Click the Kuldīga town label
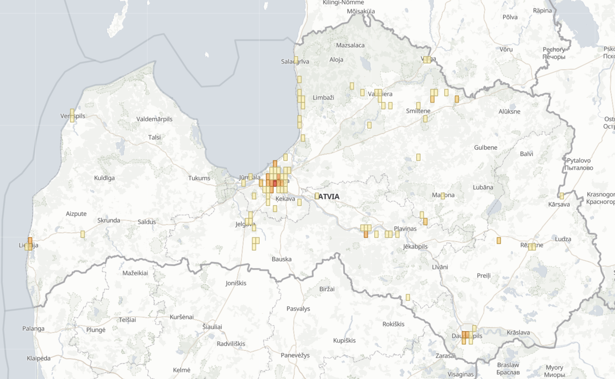104,178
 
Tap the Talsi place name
154,137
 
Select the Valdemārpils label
154,119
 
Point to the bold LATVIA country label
328,196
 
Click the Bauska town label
281,259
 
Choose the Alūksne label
509,111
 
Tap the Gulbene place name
486,148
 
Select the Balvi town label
526,154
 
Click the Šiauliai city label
212,327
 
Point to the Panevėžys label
295,355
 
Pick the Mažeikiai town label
135,273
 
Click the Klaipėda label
38,358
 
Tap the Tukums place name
199,178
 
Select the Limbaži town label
323,98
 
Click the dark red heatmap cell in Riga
275,183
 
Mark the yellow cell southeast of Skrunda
83,234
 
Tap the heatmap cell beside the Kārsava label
562,196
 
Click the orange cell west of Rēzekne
499,241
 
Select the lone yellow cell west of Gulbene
418,157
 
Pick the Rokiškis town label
393,324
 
